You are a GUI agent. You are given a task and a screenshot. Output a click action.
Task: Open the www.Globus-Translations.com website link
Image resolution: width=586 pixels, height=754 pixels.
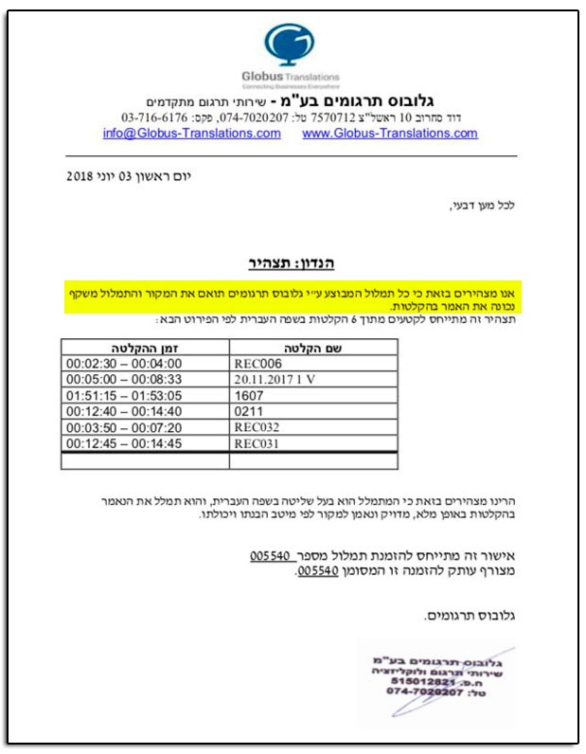click(x=389, y=134)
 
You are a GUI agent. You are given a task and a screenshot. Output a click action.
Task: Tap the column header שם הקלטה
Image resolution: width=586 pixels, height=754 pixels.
click(x=313, y=348)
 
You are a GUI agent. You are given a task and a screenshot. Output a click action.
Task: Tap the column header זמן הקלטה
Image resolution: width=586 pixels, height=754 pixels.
click(x=144, y=348)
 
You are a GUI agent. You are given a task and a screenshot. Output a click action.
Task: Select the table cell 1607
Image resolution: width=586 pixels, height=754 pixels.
click(x=248, y=395)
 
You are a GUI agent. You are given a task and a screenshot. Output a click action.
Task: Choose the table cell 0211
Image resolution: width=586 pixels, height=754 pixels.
click(x=248, y=411)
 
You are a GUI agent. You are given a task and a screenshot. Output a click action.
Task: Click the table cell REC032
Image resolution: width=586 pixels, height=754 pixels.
click(x=257, y=427)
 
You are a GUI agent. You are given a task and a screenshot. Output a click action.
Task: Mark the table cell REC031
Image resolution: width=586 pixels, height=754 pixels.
click(x=257, y=443)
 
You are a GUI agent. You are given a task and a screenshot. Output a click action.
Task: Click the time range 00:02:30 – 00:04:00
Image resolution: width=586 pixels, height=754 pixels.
click(x=120, y=363)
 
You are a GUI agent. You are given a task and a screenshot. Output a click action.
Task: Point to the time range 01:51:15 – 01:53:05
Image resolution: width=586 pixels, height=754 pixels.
click(x=120, y=395)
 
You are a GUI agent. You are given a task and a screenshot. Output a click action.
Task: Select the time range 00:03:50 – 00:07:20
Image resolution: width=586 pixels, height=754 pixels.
click(x=120, y=427)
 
